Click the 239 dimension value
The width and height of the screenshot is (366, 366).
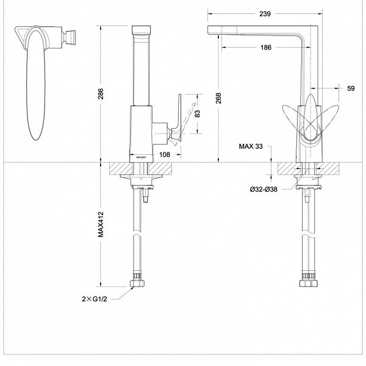tap(264, 13)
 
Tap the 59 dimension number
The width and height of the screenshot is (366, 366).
tap(351, 88)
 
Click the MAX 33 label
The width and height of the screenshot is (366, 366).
tap(251, 146)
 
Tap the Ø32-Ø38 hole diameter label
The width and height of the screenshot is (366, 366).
tap(264, 188)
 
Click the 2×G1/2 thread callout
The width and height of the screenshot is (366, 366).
tap(95, 300)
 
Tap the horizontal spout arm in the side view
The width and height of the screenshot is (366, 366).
tap(256, 31)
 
